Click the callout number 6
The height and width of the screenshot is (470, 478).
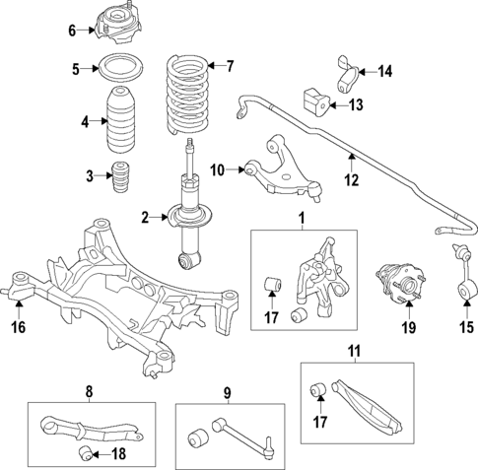tap(72, 31)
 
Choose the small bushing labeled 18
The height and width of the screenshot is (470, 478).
tap(86, 452)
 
